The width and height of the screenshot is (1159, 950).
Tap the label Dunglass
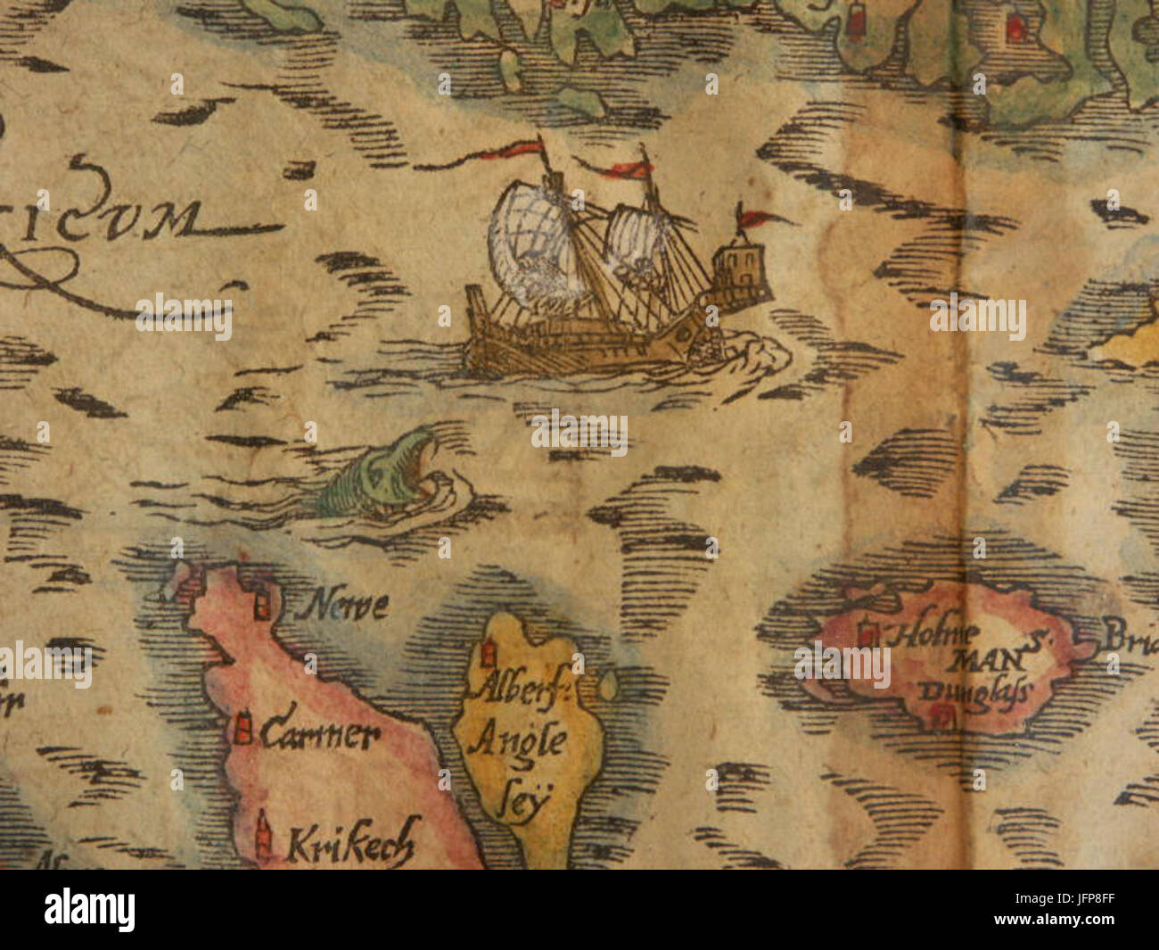tap(972, 691)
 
